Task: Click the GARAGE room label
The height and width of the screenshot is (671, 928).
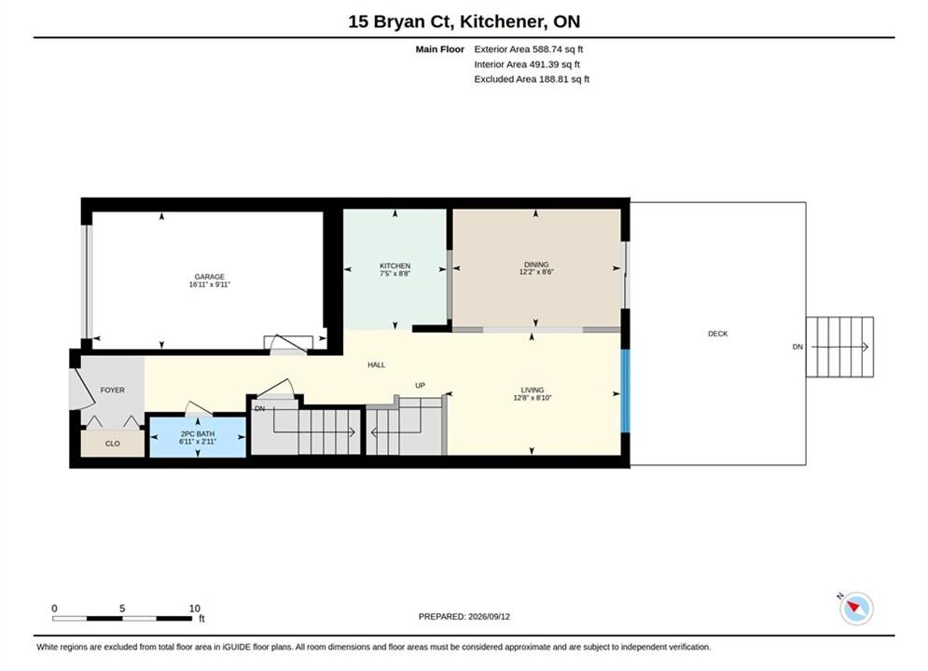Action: tap(210, 277)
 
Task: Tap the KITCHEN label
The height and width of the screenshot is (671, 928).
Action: tap(395, 266)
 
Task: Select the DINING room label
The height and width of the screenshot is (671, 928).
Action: tap(536, 265)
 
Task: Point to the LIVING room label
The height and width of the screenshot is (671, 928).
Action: tap(532, 390)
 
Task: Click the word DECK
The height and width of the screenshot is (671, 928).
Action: tap(718, 334)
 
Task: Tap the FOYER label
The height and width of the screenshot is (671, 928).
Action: tap(113, 390)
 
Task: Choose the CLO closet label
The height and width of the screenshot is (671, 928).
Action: tap(113, 444)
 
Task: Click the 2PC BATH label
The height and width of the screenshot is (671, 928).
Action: tap(198, 434)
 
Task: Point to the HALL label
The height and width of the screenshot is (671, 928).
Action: tap(377, 365)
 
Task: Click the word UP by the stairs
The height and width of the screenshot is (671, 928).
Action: tap(421, 386)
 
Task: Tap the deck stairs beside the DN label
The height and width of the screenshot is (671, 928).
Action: tap(839, 347)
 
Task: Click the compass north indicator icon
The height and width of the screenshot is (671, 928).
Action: tap(856, 608)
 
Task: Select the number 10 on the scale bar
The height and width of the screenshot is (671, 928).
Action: tap(195, 609)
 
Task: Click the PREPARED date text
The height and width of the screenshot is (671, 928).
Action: tap(464, 617)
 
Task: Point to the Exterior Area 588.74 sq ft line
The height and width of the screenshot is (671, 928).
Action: tap(529, 49)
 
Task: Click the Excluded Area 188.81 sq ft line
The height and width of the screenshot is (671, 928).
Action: tap(532, 79)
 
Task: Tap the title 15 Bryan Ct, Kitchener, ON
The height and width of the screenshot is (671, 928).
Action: tap(464, 21)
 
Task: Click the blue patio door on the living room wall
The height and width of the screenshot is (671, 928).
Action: tap(626, 390)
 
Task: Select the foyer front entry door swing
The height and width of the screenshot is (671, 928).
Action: tap(81, 389)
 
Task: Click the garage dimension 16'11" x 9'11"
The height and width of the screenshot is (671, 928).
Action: tap(210, 284)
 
